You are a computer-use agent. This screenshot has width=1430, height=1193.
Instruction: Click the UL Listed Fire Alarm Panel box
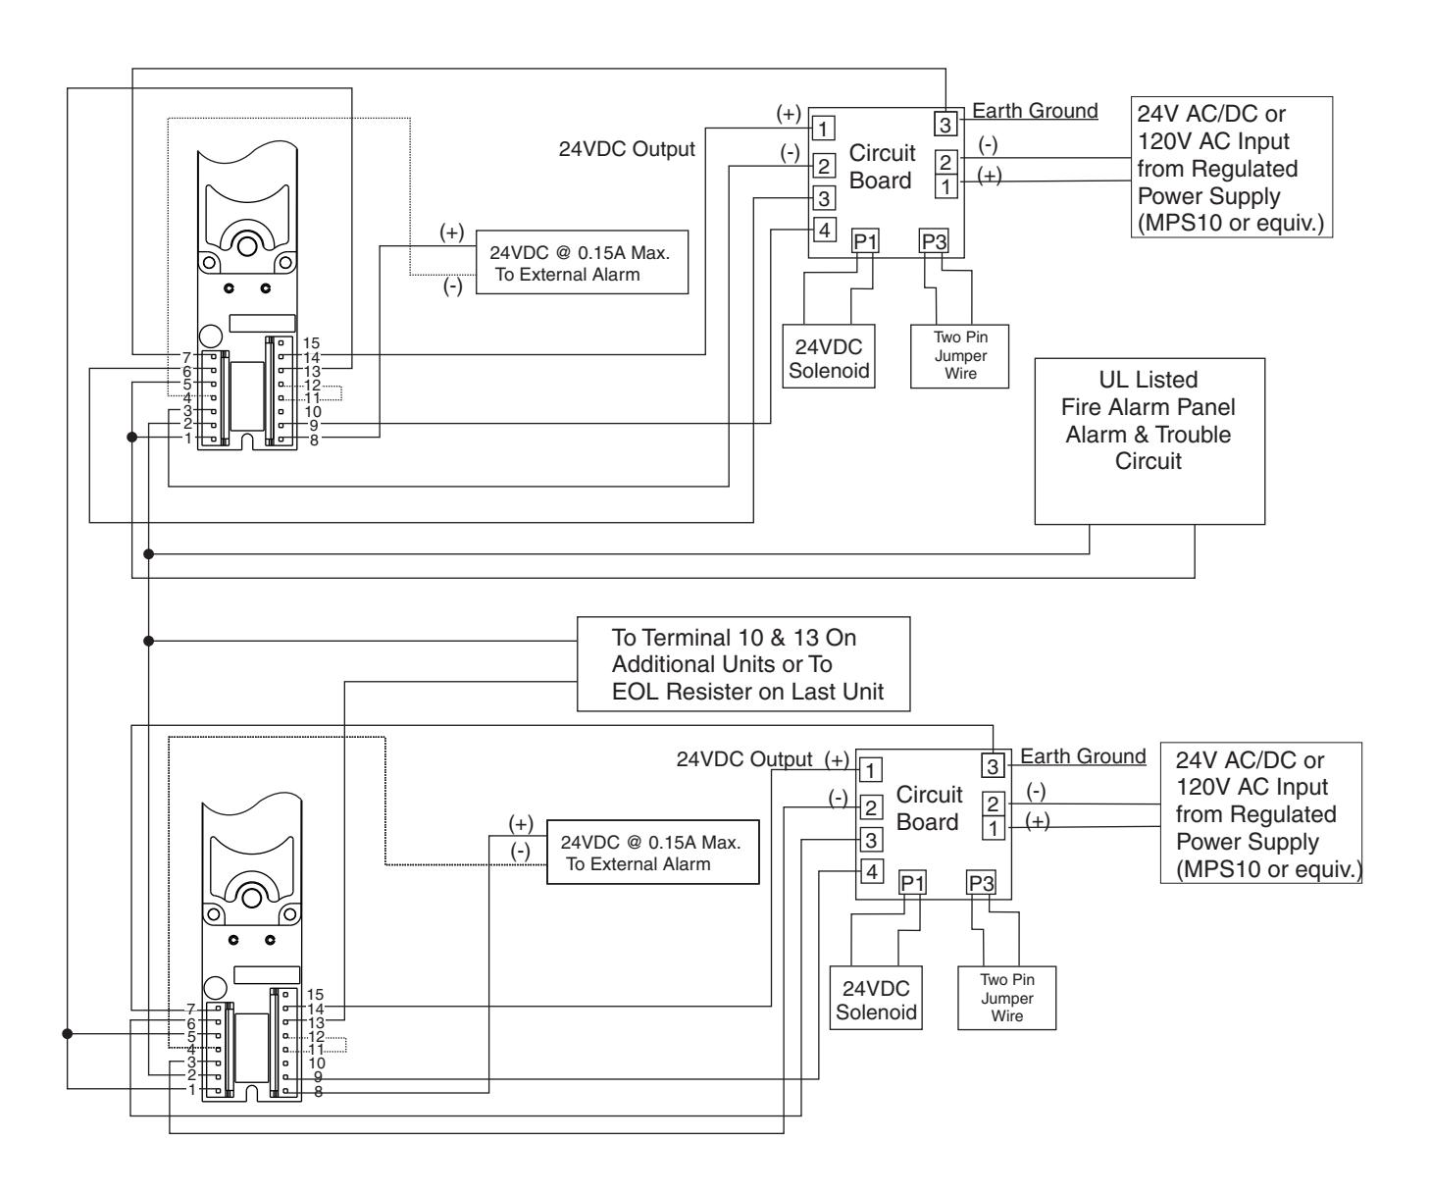(x=1149, y=441)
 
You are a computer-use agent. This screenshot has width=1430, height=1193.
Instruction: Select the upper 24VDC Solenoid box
(x=829, y=356)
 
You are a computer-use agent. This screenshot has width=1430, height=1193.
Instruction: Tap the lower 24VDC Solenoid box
(x=876, y=998)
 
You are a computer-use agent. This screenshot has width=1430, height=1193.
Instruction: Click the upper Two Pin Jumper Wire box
(x=959, y=356)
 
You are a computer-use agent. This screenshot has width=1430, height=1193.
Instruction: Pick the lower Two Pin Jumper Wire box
(x=1006, y=998)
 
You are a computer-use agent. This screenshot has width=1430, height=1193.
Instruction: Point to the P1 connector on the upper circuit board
(x=865, y=241)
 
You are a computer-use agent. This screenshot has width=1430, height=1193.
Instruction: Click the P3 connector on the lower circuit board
(x=981, y=883)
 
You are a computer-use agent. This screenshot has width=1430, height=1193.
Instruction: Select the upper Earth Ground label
(x=1035, y=110)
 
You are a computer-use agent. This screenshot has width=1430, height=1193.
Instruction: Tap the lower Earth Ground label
(x=1083, y=755)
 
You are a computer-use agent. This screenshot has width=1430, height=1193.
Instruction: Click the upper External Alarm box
(x=583, y=263)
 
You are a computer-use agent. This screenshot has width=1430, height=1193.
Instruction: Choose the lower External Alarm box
(x=652, y=852)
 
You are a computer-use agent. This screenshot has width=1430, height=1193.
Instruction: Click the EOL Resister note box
(x=743, y=664)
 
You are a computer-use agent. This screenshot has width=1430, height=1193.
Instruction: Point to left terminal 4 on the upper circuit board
(x=824, y=230)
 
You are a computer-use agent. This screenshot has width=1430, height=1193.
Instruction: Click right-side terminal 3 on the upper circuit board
(x=945, y=125)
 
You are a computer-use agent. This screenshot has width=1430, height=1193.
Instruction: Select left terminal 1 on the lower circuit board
(x=871, y=769)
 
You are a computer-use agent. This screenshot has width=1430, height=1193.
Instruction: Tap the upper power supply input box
(x=1232, y=167)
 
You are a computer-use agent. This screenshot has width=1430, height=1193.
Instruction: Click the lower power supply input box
(x=1261, y=812)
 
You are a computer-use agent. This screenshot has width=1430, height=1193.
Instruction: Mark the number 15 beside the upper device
(x=311, y=342)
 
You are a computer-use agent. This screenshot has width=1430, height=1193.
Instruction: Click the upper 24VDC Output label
(x=627, y=149)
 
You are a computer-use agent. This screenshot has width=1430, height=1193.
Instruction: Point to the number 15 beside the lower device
(x=315, y=994)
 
